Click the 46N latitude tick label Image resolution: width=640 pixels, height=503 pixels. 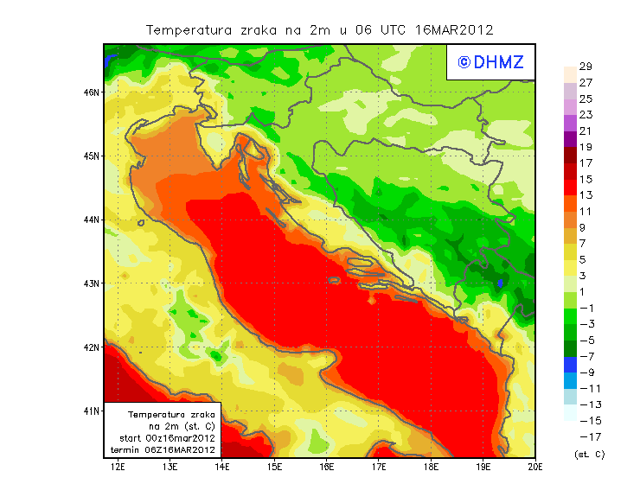[91, 92]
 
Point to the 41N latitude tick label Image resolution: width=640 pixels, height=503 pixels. [91, 411]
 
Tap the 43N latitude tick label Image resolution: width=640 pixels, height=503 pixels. [91, 283]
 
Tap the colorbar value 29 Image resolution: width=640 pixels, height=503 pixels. [586, 67]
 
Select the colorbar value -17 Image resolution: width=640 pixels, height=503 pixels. [588, 436]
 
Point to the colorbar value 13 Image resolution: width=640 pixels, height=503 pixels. [586, 195]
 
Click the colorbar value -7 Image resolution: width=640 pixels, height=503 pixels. [586, 356]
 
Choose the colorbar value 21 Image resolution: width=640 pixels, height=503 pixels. [586, 131]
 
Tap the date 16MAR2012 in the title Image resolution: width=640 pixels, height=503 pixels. [454, 29]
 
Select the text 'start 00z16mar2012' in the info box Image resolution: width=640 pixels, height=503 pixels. [167, 438]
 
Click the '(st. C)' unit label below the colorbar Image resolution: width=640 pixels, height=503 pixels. [590, 454]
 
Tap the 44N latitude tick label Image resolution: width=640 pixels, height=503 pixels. [91, 220]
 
